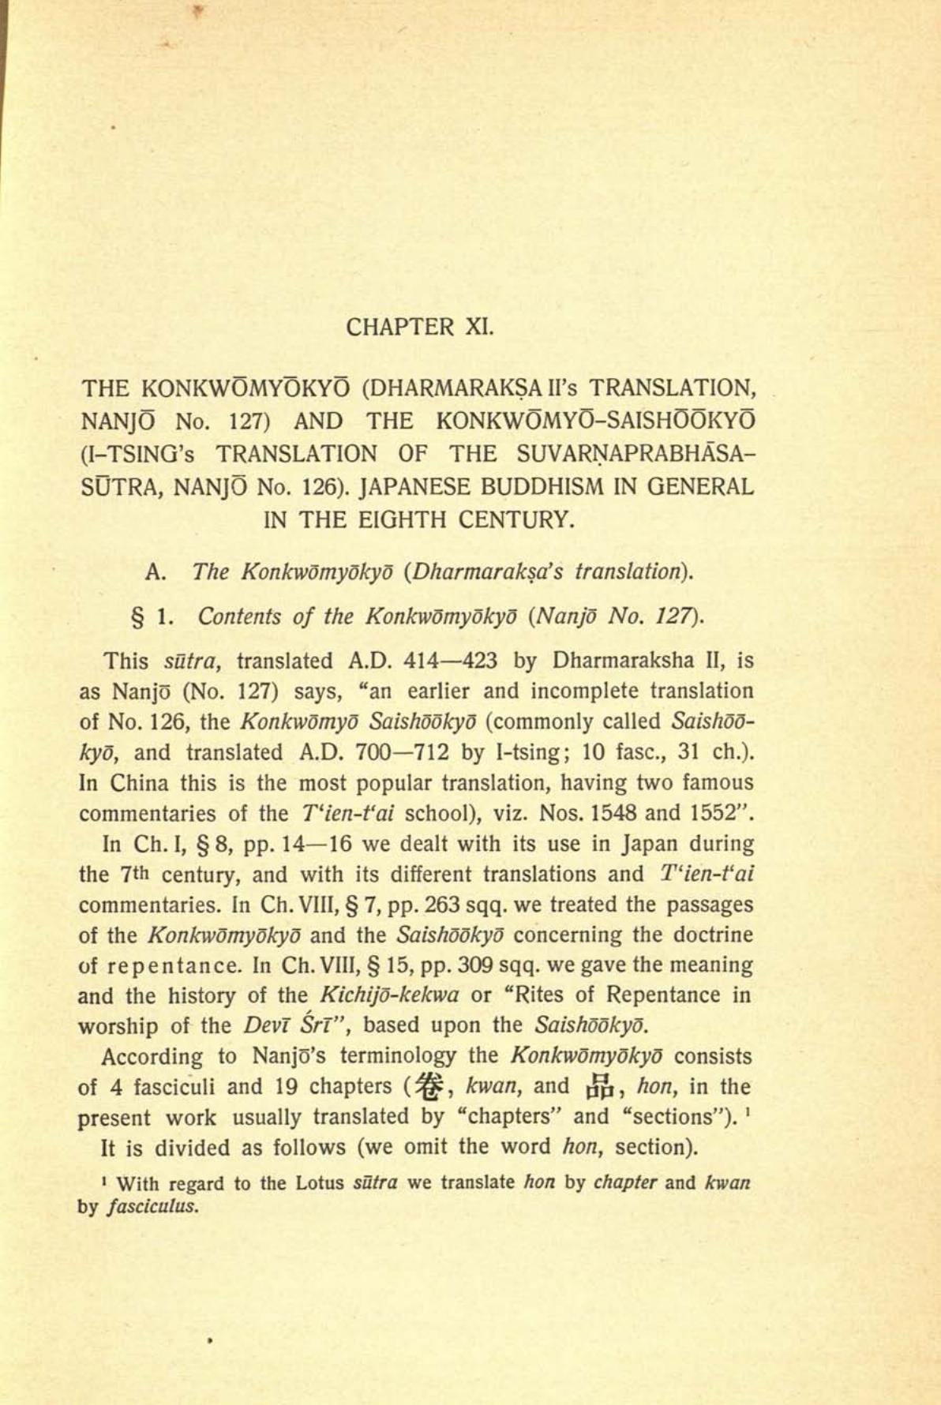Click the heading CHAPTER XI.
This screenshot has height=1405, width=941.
(420, 327)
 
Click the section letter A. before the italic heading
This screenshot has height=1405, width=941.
(155, 571)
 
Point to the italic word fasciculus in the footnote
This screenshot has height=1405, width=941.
(148, 1207)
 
